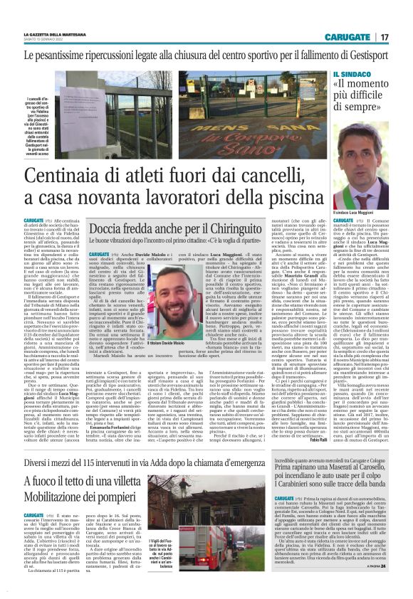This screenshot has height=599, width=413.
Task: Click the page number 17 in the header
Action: coord(384,36)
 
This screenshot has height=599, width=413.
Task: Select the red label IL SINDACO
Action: coord(350,73)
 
